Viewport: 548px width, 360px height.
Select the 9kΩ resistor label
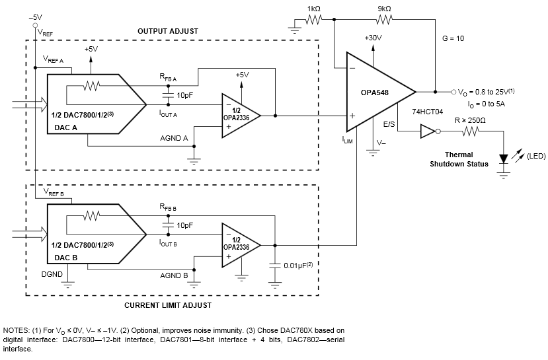pos(383,9)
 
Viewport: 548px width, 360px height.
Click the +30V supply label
pos(373,38)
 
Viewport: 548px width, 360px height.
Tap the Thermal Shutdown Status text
pos(459,159)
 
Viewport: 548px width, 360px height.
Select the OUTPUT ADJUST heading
pos(167,31)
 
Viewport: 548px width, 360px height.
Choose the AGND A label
pos(175,138)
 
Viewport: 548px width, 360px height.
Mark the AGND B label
pos(175,275)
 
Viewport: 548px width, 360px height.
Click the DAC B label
pos(67,258)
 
